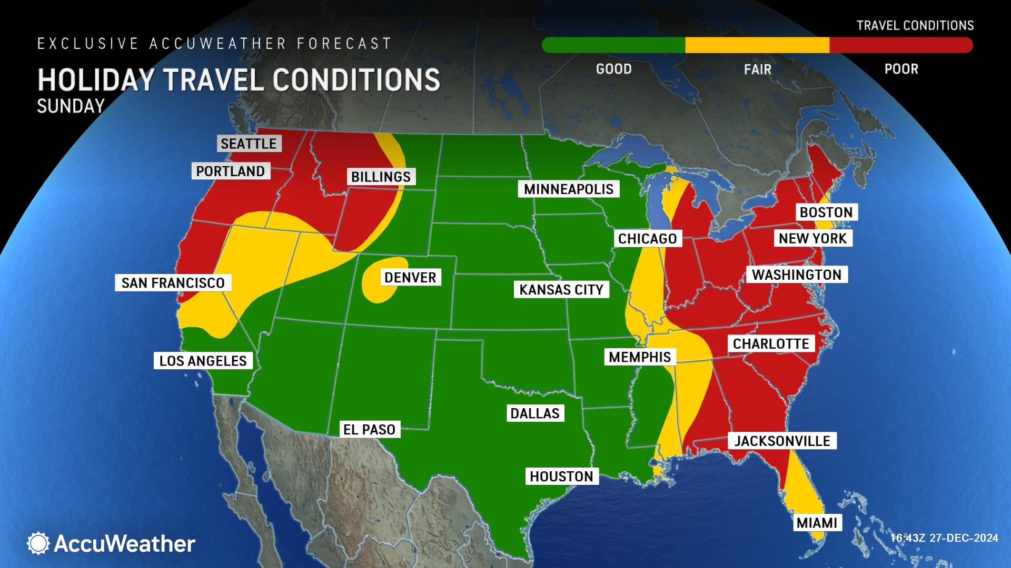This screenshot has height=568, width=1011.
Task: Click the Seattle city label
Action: click(249, 144)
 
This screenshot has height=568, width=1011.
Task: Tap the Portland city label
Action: click(231, 171)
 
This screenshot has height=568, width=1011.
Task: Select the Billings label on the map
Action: click(381, 177)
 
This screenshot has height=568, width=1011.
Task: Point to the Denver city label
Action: click(410, 278)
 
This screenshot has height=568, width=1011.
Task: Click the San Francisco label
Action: click(173, 283)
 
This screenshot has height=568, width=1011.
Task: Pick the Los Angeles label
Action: click(203, 361)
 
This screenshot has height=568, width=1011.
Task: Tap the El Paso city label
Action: click(369, 430)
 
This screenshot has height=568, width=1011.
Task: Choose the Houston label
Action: click(561, 476)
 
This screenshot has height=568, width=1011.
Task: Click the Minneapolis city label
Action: click(569, 189)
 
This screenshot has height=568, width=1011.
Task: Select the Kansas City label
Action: click(561, 290)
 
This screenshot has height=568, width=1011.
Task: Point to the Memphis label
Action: click(639, 358)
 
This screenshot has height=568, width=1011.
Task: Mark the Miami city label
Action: click(817, 523)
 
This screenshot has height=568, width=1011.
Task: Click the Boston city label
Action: click(826, 212)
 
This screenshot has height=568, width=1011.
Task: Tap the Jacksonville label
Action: click(782, 441)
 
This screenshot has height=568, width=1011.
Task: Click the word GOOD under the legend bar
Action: click(613, 69)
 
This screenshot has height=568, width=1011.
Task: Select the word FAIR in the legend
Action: click(757, 69)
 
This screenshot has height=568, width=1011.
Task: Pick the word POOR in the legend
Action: click(901, 69)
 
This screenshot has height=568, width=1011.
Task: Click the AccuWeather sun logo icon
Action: click(38, 543)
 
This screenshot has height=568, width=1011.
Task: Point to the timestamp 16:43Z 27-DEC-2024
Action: click(944, 538)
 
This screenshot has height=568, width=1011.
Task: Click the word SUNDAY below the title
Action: click(71, 106)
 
